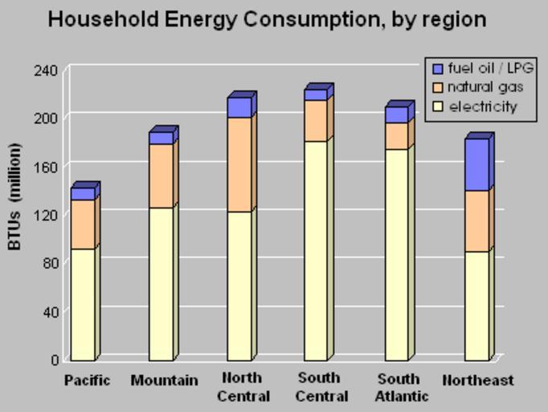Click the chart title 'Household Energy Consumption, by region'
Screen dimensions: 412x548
pyautogui.click(x=267, y=19)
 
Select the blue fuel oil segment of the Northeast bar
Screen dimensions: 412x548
pyautogui.click(x=476, y=164)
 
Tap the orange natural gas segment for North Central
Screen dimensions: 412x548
pyautogui.click(x=239, y=164)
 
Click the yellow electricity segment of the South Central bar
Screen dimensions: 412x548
pyautogui.click(x=315, y=250)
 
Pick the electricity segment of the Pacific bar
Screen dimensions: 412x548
pyautogui.click(x=83, y=303)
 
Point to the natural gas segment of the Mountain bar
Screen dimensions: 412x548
pyautogui.click(x=161, y=175)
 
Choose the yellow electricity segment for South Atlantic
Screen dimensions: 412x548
pyautogui.click(x=396, y=253)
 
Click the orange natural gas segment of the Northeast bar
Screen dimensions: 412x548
pyautogui.click(x=476, y=220)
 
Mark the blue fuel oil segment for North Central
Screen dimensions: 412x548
pyautogui.click(x=239, y=107)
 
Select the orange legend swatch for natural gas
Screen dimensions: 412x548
pyautogui.click(x=437, y=88)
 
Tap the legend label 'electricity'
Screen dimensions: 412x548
pyautogui.click(x=483, y=107)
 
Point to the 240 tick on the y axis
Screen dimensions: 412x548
pyautogui.click(x=46, y=70)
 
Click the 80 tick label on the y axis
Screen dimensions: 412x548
pyautogui.click(x=49, y=262)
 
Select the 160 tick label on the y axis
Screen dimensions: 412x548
pyautogui.click(x=46, y=167)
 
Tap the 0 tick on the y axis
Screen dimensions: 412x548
pyautogui.click(x=54, y=360)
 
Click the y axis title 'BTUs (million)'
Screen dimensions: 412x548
pyautogui.click(x=15, y=196)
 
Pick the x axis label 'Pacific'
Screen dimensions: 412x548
pyautogui.click(x=87, y=381)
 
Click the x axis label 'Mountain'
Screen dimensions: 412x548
pyautogui.click(x=164, y=381)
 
